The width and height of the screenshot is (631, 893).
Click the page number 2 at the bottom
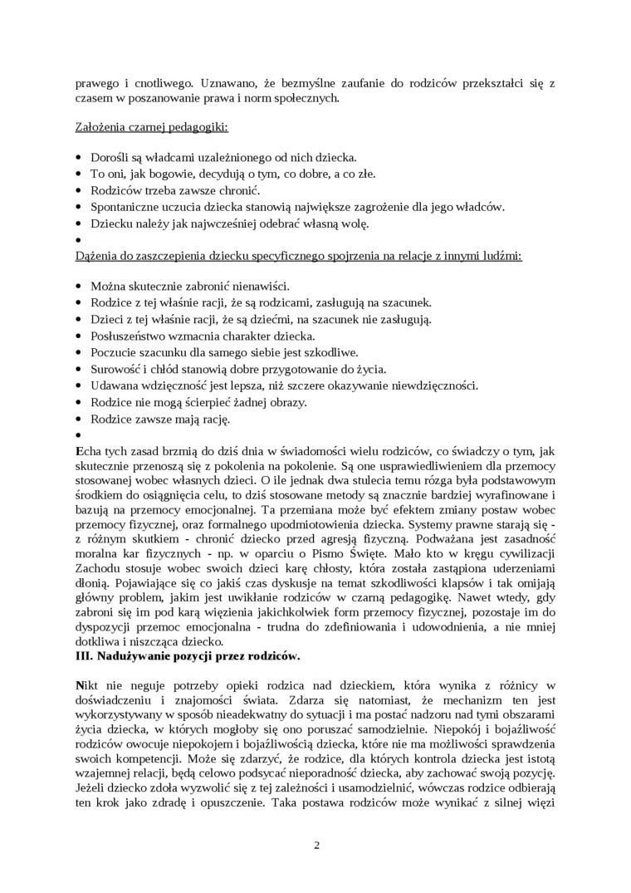coord(316,846)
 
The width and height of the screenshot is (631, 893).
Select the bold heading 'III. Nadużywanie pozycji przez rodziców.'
coord(188,656)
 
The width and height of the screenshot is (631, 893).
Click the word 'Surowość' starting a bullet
coord(117,369)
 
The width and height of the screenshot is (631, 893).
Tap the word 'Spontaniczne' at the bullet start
coord(127,206)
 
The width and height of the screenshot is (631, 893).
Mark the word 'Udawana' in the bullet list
coord(115,385)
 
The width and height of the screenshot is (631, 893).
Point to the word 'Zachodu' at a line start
coord(97,567)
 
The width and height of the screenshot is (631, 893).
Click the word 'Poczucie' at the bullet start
coord(115,353)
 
